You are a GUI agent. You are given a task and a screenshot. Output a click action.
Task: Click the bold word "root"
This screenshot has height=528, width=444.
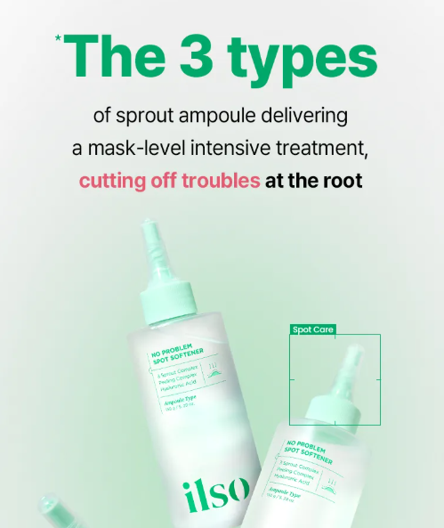point(342,180)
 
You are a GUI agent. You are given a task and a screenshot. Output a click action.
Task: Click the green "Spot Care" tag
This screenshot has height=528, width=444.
point(313,329)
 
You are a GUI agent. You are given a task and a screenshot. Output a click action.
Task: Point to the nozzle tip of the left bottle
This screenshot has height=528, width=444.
point(149,233)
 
